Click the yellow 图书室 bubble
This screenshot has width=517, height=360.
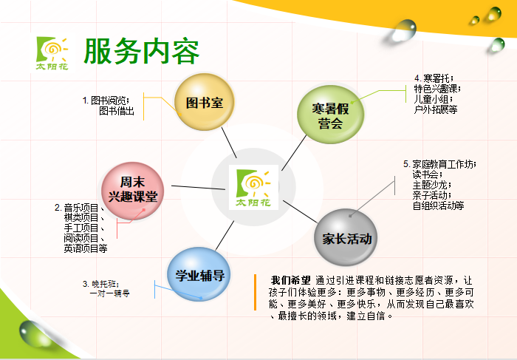tap(205, 102)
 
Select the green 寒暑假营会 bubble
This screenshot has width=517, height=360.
tap(330, 115)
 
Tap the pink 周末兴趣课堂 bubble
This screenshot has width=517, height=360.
tap(132, 191)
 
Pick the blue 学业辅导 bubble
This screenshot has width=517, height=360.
tap(199, 274)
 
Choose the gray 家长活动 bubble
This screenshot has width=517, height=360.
tap(346, 237)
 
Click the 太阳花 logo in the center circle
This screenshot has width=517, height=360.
tap(253, 187)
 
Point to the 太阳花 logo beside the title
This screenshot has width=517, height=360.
tap(52, 53)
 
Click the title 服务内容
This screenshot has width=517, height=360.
tap(142, 51)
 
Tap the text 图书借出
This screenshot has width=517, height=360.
tap(117, 111)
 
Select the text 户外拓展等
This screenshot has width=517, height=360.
tap(436, 109)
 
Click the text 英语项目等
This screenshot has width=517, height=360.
tap(86, 248)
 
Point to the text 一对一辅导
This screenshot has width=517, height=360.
tap(109, 293)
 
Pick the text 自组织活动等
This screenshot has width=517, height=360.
tap(438, 206)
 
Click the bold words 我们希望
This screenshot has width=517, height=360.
tap(290, 280)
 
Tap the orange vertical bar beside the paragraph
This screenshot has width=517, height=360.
tap(255, 292)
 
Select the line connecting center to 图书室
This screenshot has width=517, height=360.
tap(229, 143)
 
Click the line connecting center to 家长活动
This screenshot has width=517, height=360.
tap(300, 211)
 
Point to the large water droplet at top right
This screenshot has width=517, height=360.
tap(403, 30)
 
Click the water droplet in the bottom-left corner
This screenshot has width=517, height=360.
tap(34, 333)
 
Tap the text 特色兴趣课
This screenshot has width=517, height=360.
tap(437, 89)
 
